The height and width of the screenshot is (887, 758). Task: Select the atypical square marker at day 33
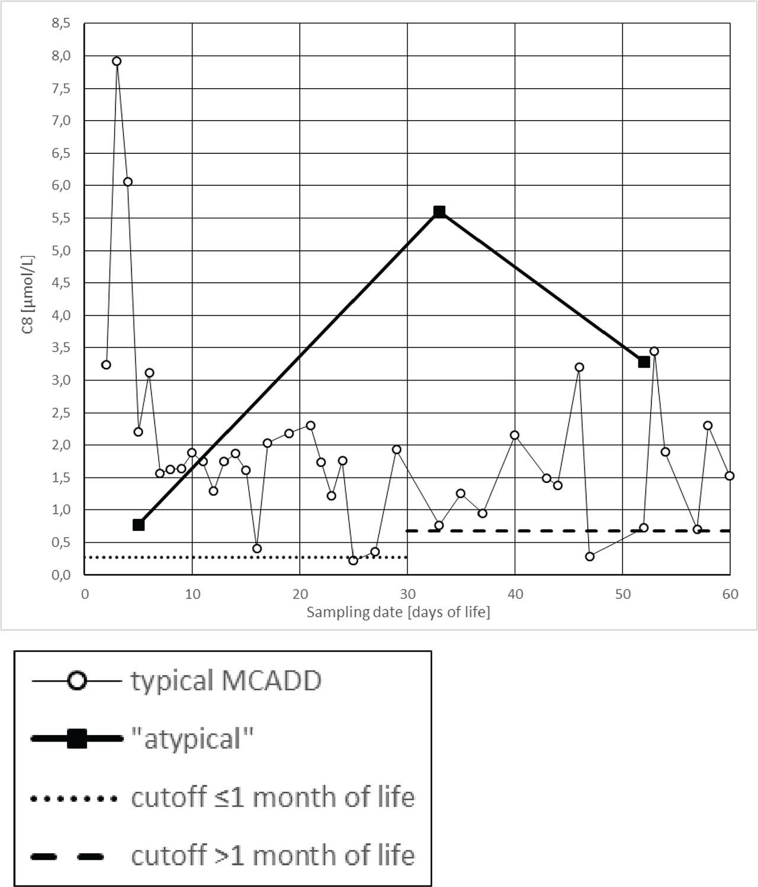click(x=439, y=212)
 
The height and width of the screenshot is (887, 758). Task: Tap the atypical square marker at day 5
click(x=139, y=525)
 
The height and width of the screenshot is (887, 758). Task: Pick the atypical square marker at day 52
click(x=644, y=362)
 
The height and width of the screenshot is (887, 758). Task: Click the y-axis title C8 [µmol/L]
click(x=28, y=294)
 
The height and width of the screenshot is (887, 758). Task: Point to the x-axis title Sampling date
click(x=398, y=612)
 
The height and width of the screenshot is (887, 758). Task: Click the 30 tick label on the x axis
click(x=407, y=594)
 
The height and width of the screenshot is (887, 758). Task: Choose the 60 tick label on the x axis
click(x=730, y=594)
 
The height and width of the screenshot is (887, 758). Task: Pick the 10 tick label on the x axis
click(x=192, y=594)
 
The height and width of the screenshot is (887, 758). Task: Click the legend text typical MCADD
click(x=226, y=680)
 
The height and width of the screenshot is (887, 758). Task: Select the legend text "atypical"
click(x=192, y=738)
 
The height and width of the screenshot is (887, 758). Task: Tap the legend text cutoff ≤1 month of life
click(x=272, y=797)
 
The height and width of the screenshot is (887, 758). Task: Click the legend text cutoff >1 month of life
click(x=272, y=856)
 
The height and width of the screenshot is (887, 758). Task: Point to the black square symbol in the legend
click(x=77, y=738)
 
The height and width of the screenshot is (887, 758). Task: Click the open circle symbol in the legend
click(x=77, y=681)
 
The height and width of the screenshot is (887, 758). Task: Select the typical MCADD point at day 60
click(x=730, y=476)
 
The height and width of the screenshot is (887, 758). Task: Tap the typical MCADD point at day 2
click(x=106, y=365)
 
